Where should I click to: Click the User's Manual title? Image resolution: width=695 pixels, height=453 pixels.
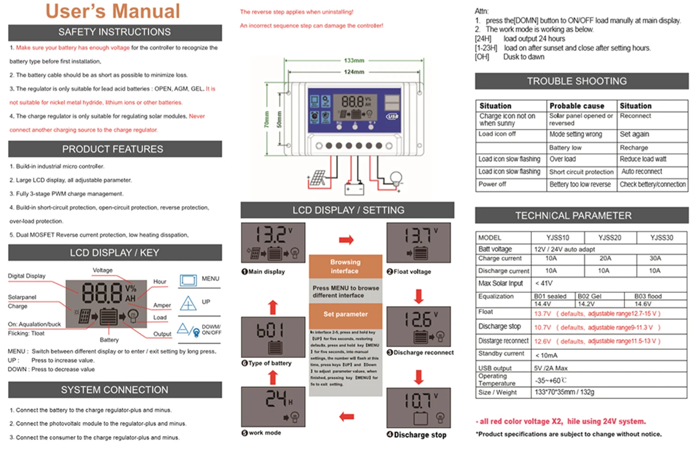[x=113, y=12]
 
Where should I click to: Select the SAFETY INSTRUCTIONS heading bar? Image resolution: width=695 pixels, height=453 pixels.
[x=114, y=32]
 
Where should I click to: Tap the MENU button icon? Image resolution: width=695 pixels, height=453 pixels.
[x=188, y=280]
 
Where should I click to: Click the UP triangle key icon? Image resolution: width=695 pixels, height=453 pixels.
[x=188, y=304]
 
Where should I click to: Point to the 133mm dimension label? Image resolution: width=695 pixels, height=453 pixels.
[x=354, y=61]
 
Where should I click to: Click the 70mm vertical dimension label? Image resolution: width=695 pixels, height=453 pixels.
[x=267, y=120]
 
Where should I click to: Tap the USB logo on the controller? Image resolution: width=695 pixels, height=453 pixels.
[x=392, y=116]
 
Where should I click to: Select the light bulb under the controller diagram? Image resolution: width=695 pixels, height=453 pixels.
[x=396, y=178]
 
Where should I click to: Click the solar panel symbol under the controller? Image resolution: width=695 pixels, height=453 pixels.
[x=318, y=178]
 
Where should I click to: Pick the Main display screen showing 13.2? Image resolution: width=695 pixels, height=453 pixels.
[x=273, y=243]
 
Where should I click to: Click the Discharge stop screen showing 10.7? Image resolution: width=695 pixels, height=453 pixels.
[x=418, y=408]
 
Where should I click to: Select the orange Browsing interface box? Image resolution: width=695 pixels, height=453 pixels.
[x=345, y=266]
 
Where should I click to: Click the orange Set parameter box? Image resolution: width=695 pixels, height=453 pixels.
[x=345, y=315]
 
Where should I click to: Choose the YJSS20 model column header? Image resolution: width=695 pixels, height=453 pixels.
[x=609, y=238]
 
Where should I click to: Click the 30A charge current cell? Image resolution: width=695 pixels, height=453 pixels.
[x=655, y=258]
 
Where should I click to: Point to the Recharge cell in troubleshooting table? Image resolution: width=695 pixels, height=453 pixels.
[x=634, y=148]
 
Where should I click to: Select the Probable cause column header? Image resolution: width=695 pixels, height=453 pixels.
[x=577, y=106]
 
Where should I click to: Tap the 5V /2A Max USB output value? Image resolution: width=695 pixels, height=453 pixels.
[x=551, y=368]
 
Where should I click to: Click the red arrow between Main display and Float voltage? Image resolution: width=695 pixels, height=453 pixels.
[x=346, y=240]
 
